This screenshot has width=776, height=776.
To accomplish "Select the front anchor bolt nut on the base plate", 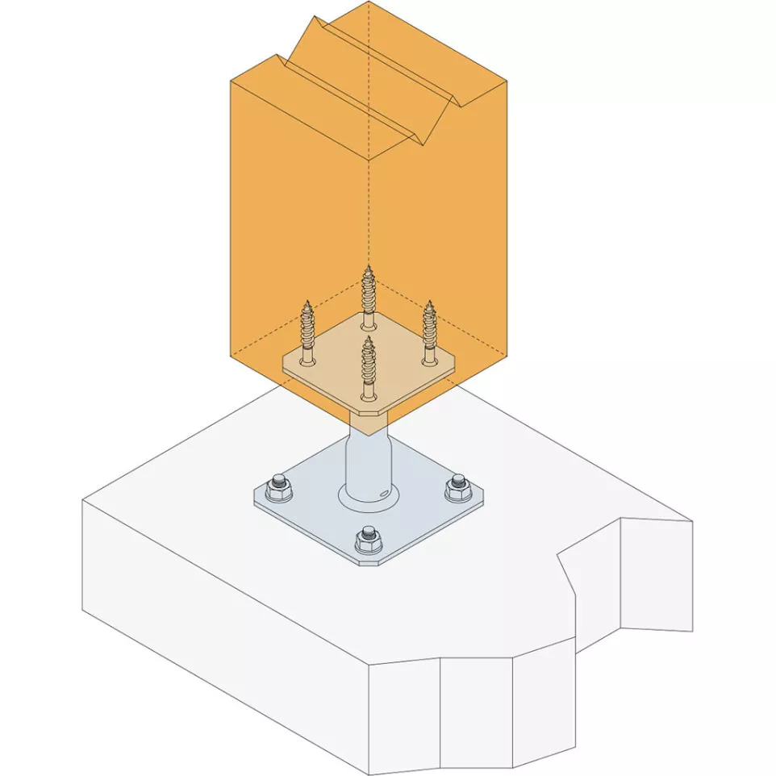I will [x=368, y=536].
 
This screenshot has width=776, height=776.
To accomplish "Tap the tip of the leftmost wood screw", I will [x=307, y=302].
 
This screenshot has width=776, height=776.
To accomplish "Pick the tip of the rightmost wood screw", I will [x=429, y=303].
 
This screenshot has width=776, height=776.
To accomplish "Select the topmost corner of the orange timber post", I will [x=369, y=2].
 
